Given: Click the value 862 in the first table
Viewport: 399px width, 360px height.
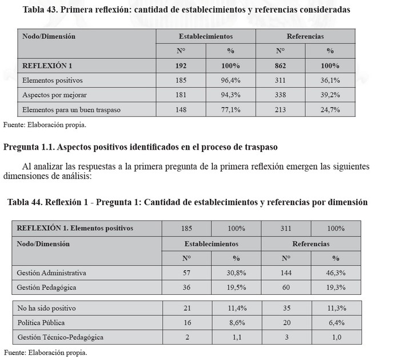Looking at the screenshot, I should (280, 66).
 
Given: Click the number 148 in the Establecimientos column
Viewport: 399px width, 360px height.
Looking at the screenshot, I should (180, 109).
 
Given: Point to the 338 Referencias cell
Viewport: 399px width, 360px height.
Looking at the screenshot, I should (280, 95).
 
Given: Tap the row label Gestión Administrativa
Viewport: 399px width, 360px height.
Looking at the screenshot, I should (51, 273).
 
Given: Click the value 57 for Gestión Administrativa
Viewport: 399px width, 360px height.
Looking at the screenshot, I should (186, 273).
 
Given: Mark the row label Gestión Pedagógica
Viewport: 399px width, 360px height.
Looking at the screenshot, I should (46, 287).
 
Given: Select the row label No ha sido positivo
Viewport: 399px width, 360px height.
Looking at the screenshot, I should (46, 308).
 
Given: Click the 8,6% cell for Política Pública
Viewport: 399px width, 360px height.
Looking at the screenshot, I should (236, 322).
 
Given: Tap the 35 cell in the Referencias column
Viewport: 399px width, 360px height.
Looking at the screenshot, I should (286, 308).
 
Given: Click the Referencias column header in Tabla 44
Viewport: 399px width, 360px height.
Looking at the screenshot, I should (310, 243).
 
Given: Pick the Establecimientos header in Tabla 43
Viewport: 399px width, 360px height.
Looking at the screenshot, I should (205, 37).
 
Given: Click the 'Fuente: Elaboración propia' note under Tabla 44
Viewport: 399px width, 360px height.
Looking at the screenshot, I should (46, 353).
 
